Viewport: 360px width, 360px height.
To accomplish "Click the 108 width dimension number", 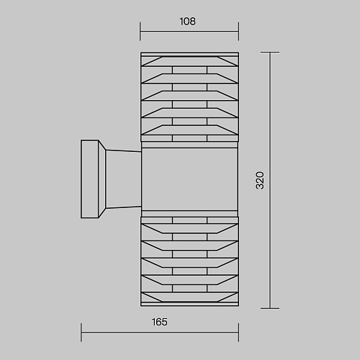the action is (x=187, y=22).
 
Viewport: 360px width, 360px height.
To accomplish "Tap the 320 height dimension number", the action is (x=260, y=181).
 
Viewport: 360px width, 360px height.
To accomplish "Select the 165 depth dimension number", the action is (x=160, y=322).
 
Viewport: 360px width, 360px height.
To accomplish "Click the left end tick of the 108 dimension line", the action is (x=140, y=31).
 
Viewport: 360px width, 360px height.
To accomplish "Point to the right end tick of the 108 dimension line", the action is (x=238, y=31).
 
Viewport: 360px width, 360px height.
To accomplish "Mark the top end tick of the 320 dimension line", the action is (x=270, y=52).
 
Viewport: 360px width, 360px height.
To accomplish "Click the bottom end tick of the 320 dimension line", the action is (x=270, y=308).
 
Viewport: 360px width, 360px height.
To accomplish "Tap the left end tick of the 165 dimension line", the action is (x=81, y=333).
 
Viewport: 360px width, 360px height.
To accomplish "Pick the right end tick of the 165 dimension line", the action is (x=238, y=333).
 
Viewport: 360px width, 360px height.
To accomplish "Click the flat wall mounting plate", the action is (x=90, y=179).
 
